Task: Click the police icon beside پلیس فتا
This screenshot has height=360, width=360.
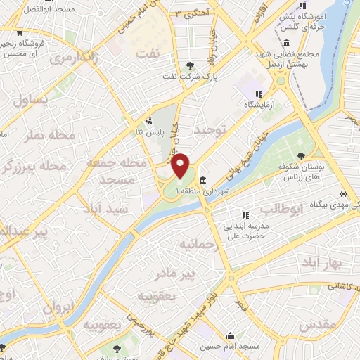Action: (x=148, y=120)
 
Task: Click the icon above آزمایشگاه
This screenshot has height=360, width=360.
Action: (x=259, y=94)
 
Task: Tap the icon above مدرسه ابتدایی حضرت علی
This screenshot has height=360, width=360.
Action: (x=245, y=214)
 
